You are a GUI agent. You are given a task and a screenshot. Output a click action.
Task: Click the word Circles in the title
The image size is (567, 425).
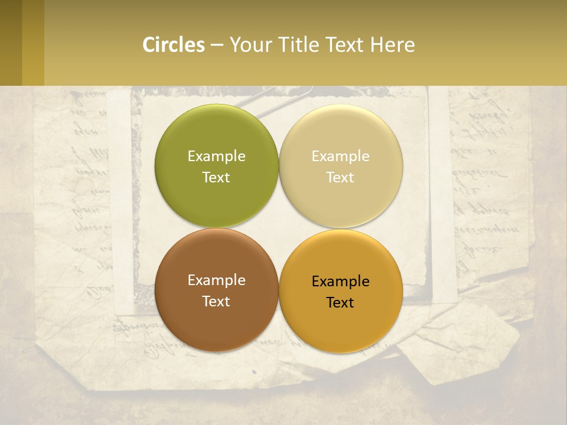[174, 45]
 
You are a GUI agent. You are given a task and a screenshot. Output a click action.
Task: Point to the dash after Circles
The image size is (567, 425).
[217, 45]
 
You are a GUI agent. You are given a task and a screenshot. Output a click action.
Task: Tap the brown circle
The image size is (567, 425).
[216, 319]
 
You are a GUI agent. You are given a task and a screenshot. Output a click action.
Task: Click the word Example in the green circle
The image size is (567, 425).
[216, 156]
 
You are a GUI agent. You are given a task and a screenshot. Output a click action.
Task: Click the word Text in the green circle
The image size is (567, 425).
[216, 177]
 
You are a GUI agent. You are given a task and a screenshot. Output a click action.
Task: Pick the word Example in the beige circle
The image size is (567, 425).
[340, 156]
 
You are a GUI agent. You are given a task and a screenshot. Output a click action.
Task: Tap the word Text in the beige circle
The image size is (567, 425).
[340, 177]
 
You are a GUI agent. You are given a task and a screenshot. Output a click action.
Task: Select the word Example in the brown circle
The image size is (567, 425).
[216, 280]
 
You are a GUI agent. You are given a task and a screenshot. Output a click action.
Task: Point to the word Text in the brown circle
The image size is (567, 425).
[216, 301]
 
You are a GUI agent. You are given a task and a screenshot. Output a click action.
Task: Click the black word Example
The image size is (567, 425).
[340, 281]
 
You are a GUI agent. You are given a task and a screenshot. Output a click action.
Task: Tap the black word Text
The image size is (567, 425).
[340, 302]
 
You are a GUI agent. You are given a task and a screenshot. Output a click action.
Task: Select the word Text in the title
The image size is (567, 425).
[344, 45]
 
